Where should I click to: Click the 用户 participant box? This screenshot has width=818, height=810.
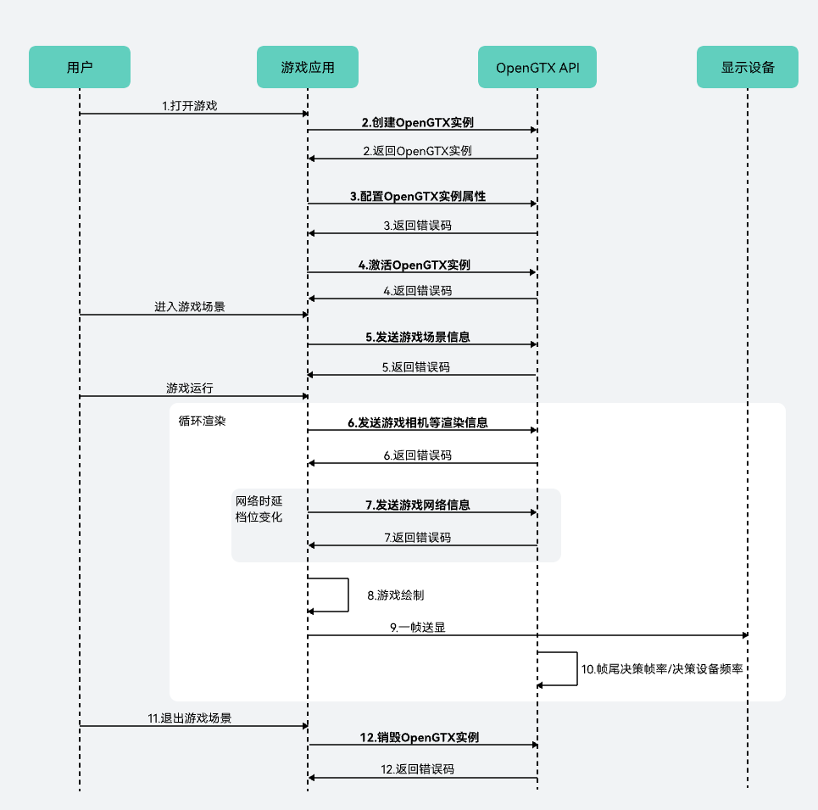[x=80, y=67]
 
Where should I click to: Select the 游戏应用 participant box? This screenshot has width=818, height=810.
[x=308, y=67]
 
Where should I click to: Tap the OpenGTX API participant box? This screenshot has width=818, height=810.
[x=537, y=67]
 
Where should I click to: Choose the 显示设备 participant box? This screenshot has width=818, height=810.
[x=748, y=67]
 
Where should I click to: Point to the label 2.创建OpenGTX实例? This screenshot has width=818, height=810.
[x=418, y=122]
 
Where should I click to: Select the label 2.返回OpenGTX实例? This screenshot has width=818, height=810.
[x=417, y=151]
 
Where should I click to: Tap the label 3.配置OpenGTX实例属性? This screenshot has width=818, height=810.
[x=418, y=196]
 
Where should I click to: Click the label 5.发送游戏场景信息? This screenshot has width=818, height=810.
[x=418, y=337]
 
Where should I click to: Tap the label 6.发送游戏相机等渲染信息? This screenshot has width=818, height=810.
[x=417, y=422]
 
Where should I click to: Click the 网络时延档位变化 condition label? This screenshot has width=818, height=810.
[x=259, y=508]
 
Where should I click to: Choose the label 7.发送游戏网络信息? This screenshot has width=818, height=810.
[x=418, y=505]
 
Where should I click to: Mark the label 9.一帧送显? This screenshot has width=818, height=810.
[x=418, y=628]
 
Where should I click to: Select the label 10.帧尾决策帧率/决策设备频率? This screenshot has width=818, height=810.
[x=662, y=668]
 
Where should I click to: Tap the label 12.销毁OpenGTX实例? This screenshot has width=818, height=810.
[x=419, y=737]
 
